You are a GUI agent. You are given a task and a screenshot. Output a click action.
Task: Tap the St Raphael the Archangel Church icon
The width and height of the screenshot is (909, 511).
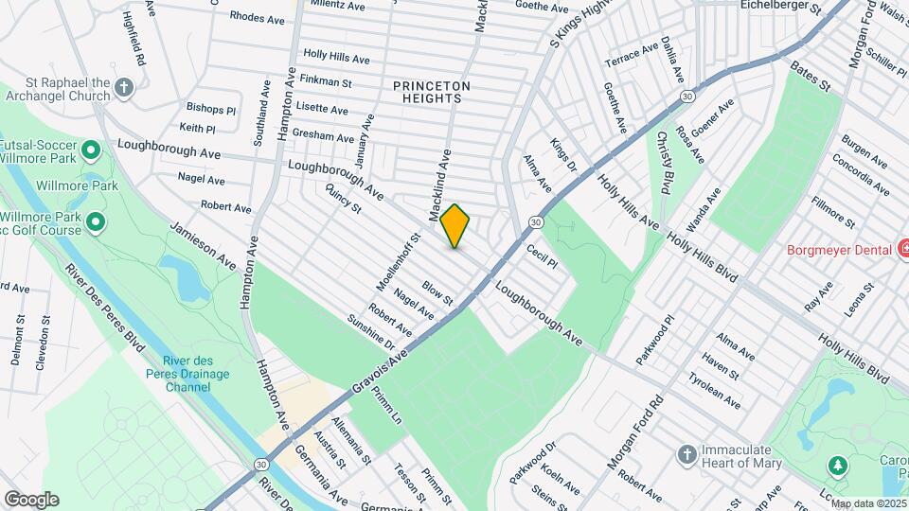tap(123, 90)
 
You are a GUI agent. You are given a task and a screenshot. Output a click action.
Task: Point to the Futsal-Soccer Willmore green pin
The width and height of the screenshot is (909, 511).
tap(91, 150)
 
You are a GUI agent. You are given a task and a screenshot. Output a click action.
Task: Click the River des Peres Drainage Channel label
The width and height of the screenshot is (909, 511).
tap(187, 374)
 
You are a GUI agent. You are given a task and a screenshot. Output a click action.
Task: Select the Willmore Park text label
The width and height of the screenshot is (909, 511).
tap(86, 186)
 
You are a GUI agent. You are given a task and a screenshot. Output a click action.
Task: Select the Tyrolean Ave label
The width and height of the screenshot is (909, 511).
tap(715, 390)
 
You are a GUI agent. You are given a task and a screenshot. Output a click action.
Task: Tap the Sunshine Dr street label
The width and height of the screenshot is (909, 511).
tap(370, 329)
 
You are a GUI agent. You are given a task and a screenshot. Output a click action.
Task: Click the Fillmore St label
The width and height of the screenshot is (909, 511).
tap(832, 211)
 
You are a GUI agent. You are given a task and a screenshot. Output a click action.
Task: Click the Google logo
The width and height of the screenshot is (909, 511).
tap(31, 499)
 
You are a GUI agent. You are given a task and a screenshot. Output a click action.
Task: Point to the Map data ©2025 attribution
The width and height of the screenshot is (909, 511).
tap(868, 503)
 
